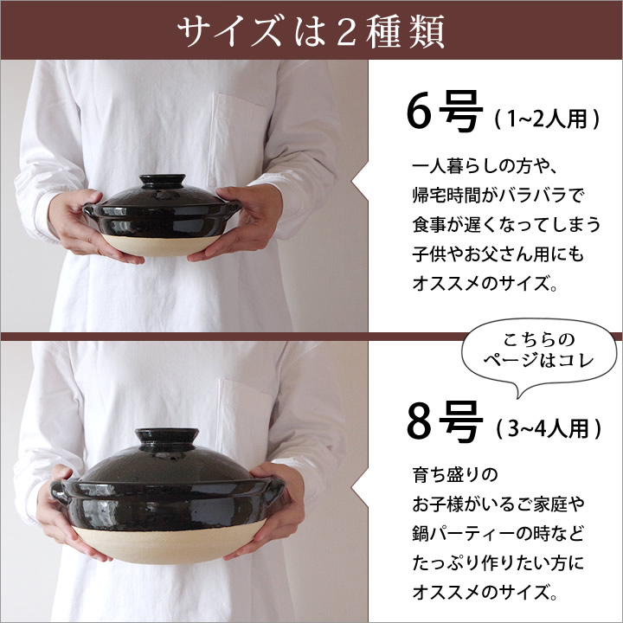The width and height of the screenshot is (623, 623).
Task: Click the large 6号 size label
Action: tap(445, 112)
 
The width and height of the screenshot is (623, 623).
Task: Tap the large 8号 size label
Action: tap(445, 421)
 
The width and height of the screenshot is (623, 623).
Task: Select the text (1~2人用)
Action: tap(547, 119)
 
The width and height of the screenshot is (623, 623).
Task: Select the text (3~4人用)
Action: tap(549, 428)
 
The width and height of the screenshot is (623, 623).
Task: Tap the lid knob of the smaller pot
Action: tap(162, 181)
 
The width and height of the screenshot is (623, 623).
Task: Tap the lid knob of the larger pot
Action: tap(167, 438)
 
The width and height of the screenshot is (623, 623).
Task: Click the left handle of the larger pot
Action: tap(59, 491)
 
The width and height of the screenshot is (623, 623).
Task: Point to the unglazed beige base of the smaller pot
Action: tap(161, 244)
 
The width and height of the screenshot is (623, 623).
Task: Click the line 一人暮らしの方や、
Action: tap(485, 166)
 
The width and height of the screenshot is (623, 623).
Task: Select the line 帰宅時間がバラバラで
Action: tap(498, 195)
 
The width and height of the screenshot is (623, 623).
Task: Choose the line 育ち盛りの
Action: tap(455, 475)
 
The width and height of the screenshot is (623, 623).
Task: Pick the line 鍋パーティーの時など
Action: tap(498, 534)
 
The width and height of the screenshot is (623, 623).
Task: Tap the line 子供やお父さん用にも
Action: tap(498, 254)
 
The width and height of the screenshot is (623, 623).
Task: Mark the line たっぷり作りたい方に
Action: tap(498, 562)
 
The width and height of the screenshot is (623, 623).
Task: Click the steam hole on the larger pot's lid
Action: tap(173, 460)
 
